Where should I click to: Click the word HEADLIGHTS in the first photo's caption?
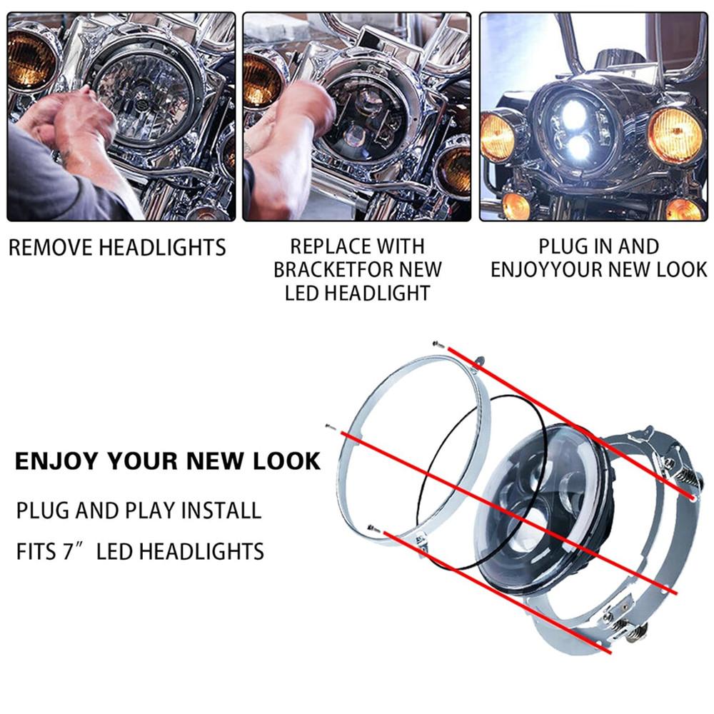pyautogui.click(x=162, y=248)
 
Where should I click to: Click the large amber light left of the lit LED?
pyautogui.click(x=503, y=136)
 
